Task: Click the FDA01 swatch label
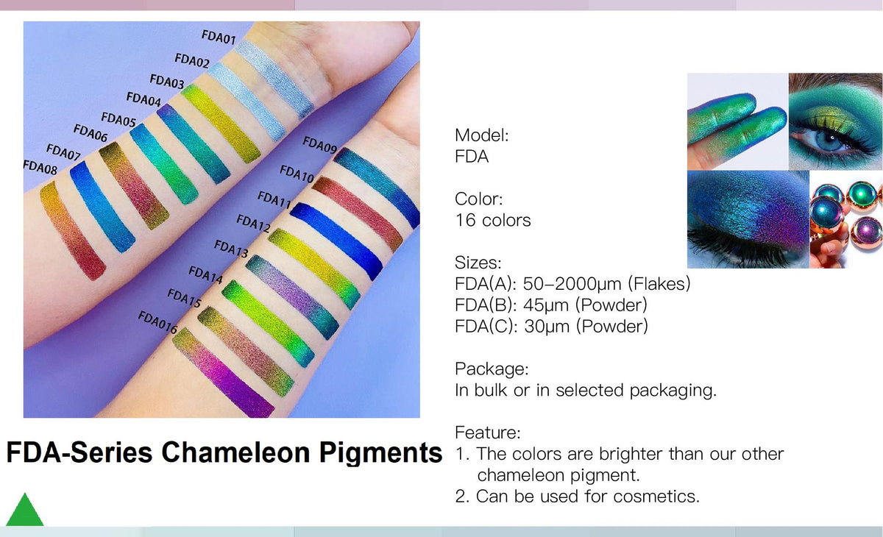pos(219,37)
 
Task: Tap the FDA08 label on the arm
pos(40,167)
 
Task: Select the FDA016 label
pos(157,322)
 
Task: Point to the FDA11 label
pos(274,199)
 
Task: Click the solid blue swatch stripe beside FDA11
pos(336,241)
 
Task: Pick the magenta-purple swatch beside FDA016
pos(223,372)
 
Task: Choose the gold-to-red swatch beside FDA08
pos(73,230)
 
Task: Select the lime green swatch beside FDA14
pos(268,324)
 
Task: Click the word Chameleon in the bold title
pos(235,452)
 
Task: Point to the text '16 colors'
pos(493,220)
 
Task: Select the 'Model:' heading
pos(482,135)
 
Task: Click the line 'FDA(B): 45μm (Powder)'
pos(551,305)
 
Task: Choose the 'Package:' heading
pos(492,369)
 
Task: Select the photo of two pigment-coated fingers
pos(737,121)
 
